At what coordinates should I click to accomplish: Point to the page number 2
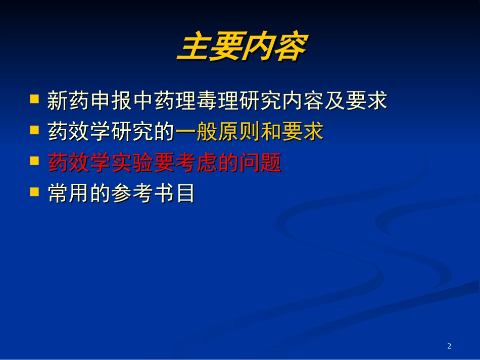[449, 346]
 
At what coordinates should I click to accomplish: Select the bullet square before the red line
[34, 161]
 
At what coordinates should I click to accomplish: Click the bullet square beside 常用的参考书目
[34, 192]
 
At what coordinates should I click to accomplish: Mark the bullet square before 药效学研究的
[34, 130]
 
